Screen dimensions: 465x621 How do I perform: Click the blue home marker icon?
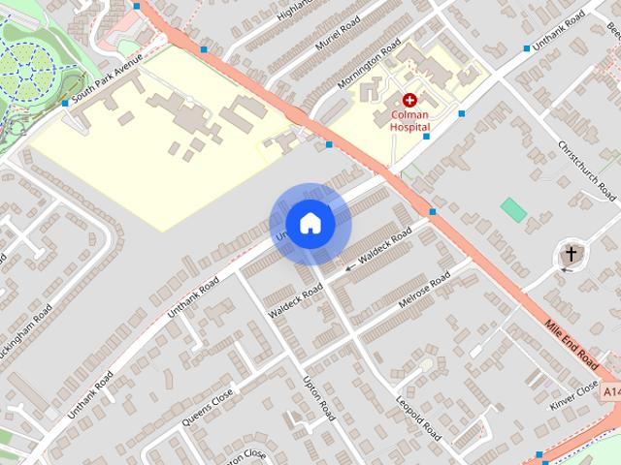pos(310,224)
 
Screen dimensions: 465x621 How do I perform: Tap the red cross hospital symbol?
pos(409,100)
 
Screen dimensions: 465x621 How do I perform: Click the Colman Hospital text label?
pos(409,119)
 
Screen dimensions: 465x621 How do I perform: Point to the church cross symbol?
pos(571,255)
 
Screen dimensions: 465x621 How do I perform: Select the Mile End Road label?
pos(572,344)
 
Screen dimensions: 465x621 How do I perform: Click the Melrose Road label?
pos(425,292)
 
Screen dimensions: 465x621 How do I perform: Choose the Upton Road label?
pos(319,398)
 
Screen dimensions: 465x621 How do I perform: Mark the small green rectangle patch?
pos(513,209)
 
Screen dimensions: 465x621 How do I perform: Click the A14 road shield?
pos(610,392)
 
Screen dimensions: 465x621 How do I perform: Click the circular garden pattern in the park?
pos(29,68)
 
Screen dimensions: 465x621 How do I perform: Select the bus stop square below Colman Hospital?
pos(426,137)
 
